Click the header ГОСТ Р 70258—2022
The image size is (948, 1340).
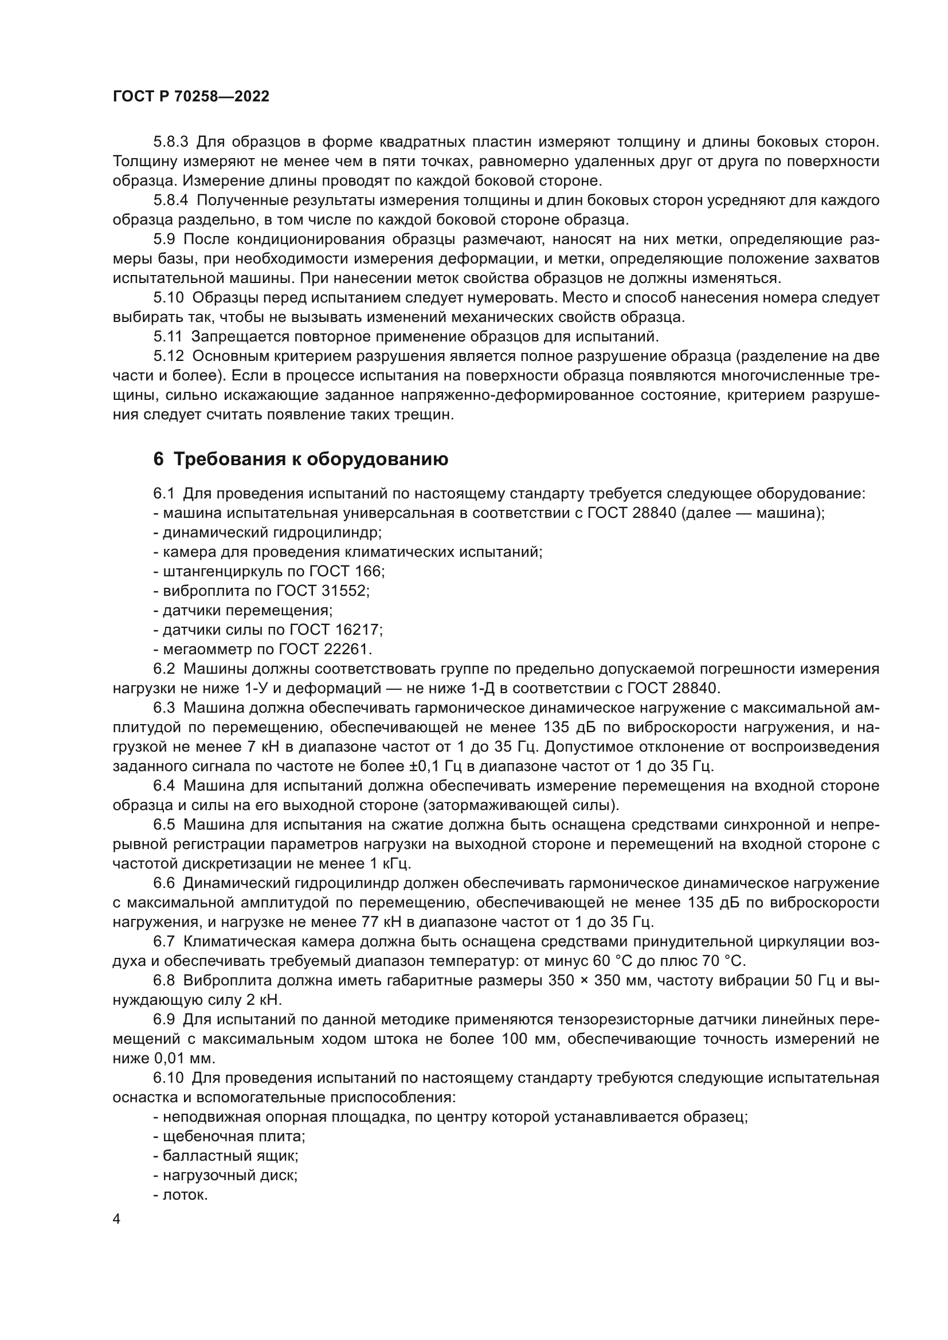tap(191, 97)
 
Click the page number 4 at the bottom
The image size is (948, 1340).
tap(117, 1219)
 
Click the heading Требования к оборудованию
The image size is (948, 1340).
tap(311, 459)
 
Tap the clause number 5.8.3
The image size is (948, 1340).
tap(171, 142)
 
